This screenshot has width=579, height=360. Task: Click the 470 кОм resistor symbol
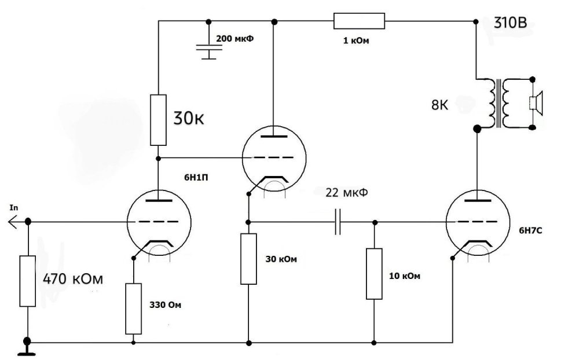click(x=27, y=281)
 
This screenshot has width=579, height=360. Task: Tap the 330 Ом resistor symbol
click(x=134, y=308)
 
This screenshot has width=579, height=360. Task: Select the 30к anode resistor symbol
click(x=158, y=120)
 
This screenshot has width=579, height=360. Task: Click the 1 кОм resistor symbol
click(x=359, y=21)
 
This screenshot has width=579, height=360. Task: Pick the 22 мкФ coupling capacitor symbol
click(x=337, y=222)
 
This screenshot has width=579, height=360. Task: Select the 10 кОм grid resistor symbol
click(x=374, y=274)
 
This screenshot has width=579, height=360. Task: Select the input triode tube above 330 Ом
click(x=158, y=223)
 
